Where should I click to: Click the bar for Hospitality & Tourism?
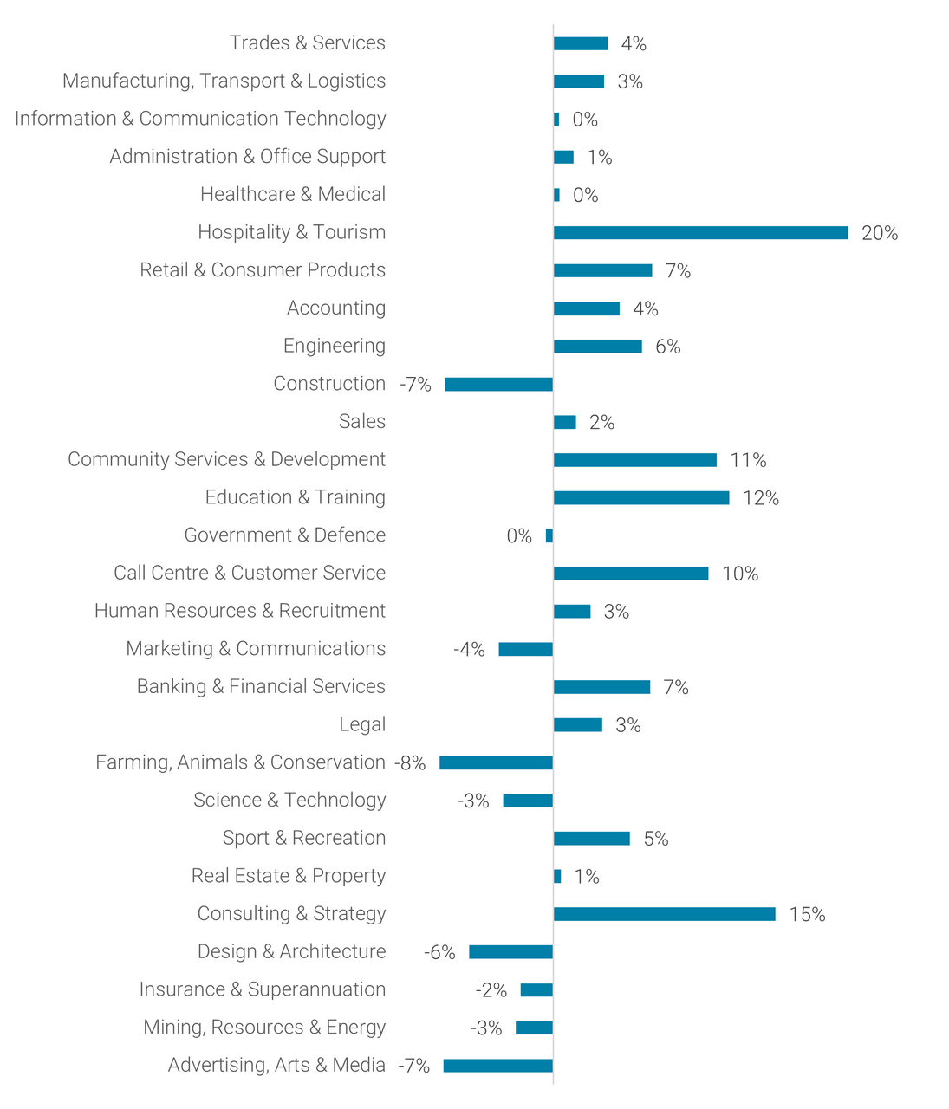(700, 232)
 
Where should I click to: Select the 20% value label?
(879, 233)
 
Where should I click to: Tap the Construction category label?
(329, 384)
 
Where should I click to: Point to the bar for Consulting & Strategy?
(664, 914)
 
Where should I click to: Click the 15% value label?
(807, 915)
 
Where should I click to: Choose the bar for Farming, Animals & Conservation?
(496, 762)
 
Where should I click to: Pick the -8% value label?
(410, 763)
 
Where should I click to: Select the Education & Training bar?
(641, 497)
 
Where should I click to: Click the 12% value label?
(760, 498)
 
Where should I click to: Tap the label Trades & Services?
(307, 43)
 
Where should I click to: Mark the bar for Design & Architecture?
(510, 952)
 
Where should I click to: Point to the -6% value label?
(439, 952)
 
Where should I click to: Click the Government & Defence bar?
(549, 535)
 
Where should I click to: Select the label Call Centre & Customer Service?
(250, 573)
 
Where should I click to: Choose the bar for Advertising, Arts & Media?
(497, 1066)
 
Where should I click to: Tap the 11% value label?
(748, 460)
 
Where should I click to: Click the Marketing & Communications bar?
(525, 649)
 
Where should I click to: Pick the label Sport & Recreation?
(303, 838)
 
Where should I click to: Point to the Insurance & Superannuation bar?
(536, 990)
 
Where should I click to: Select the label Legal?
(362, 724)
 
